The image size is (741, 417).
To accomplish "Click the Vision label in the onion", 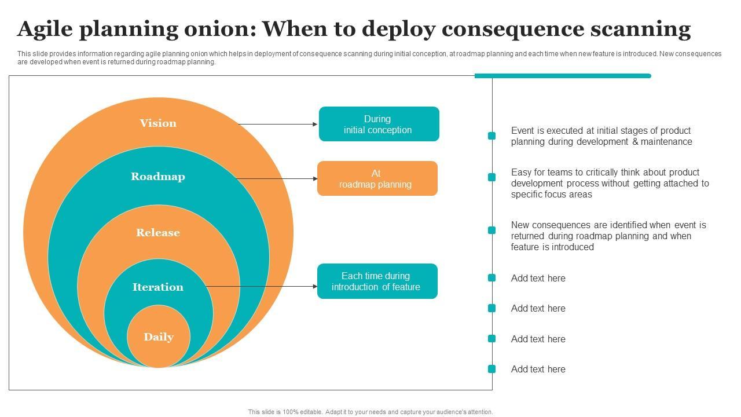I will point(158,123).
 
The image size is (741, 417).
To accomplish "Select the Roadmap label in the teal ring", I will point(158,177).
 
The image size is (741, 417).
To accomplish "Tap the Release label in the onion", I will point(158,233).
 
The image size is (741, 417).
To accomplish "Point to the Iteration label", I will point(158,287).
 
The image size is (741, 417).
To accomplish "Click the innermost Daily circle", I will point(159,337).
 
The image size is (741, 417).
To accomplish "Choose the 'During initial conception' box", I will point(379,124).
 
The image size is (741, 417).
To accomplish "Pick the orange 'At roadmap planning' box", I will point(377,178).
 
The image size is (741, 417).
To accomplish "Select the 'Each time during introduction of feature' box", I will point(377,281).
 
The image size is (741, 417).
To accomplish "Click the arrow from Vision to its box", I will point(278,124).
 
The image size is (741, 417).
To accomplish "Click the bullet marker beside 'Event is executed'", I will point(491,136).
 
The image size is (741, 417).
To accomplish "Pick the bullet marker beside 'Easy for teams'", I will point(491,177).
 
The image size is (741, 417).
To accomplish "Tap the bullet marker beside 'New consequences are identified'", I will point(491,230).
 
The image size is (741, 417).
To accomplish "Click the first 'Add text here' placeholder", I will point(538,279).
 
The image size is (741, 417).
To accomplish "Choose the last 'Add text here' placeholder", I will point(538,370).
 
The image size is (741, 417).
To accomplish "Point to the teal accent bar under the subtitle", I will point(562,76).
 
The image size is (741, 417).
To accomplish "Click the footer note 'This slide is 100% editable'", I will point(370,412).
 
